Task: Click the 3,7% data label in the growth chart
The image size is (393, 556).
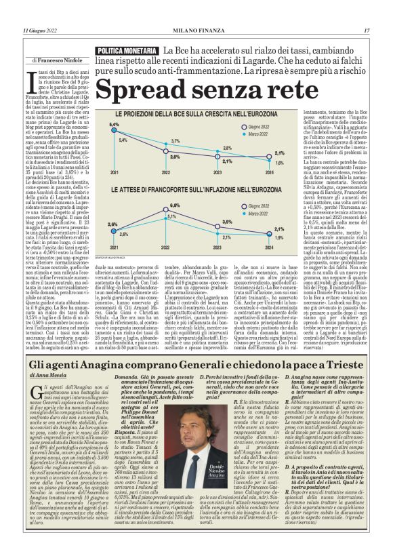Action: point(175,140)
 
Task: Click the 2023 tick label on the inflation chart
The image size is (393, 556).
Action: point(227,248)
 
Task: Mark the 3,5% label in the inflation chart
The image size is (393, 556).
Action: point(227,222)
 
